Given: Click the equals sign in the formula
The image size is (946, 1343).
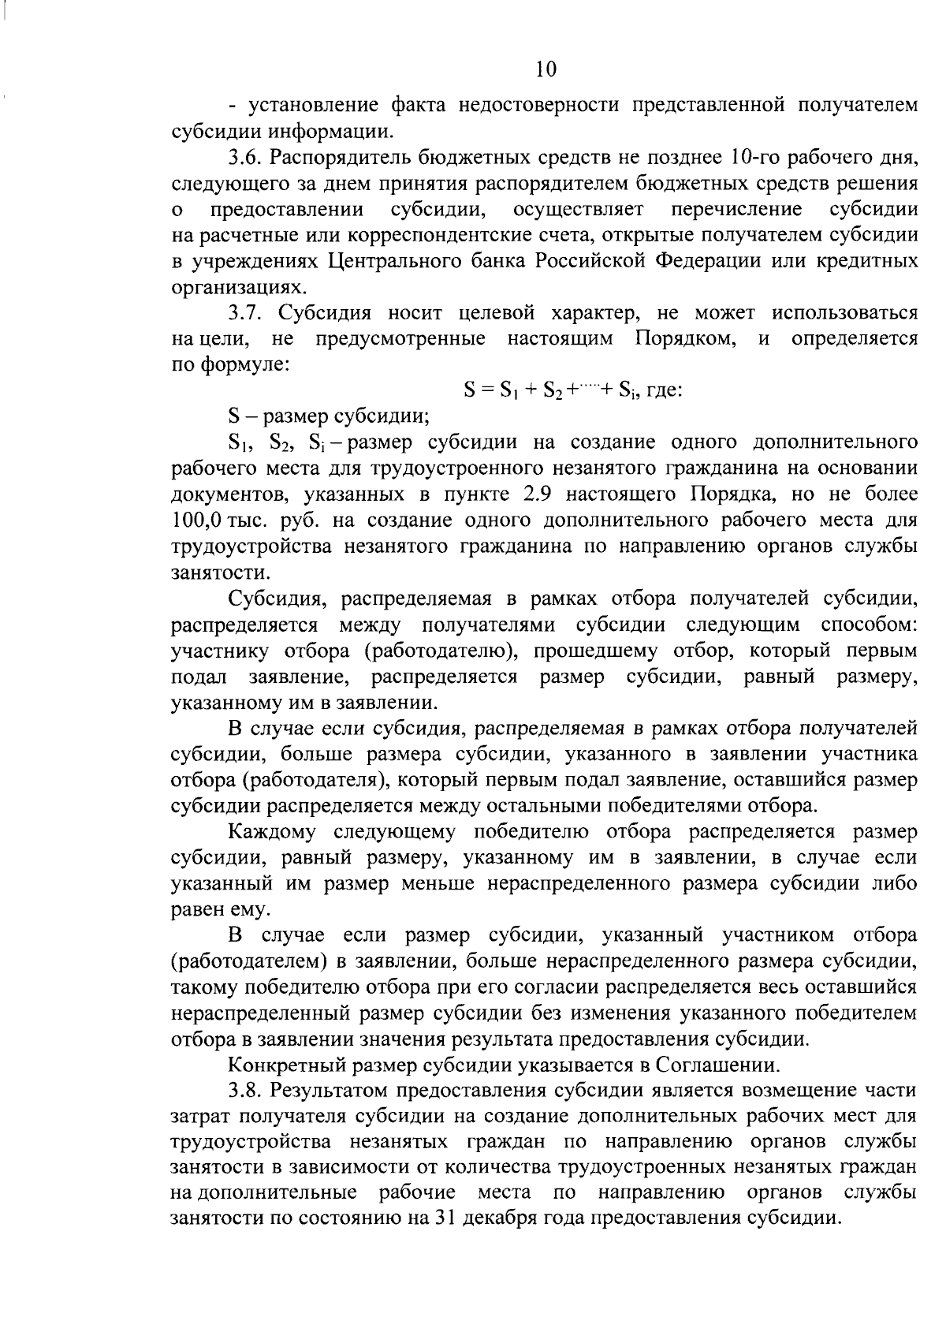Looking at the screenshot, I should pyautogui.click(x=488, y=390).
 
